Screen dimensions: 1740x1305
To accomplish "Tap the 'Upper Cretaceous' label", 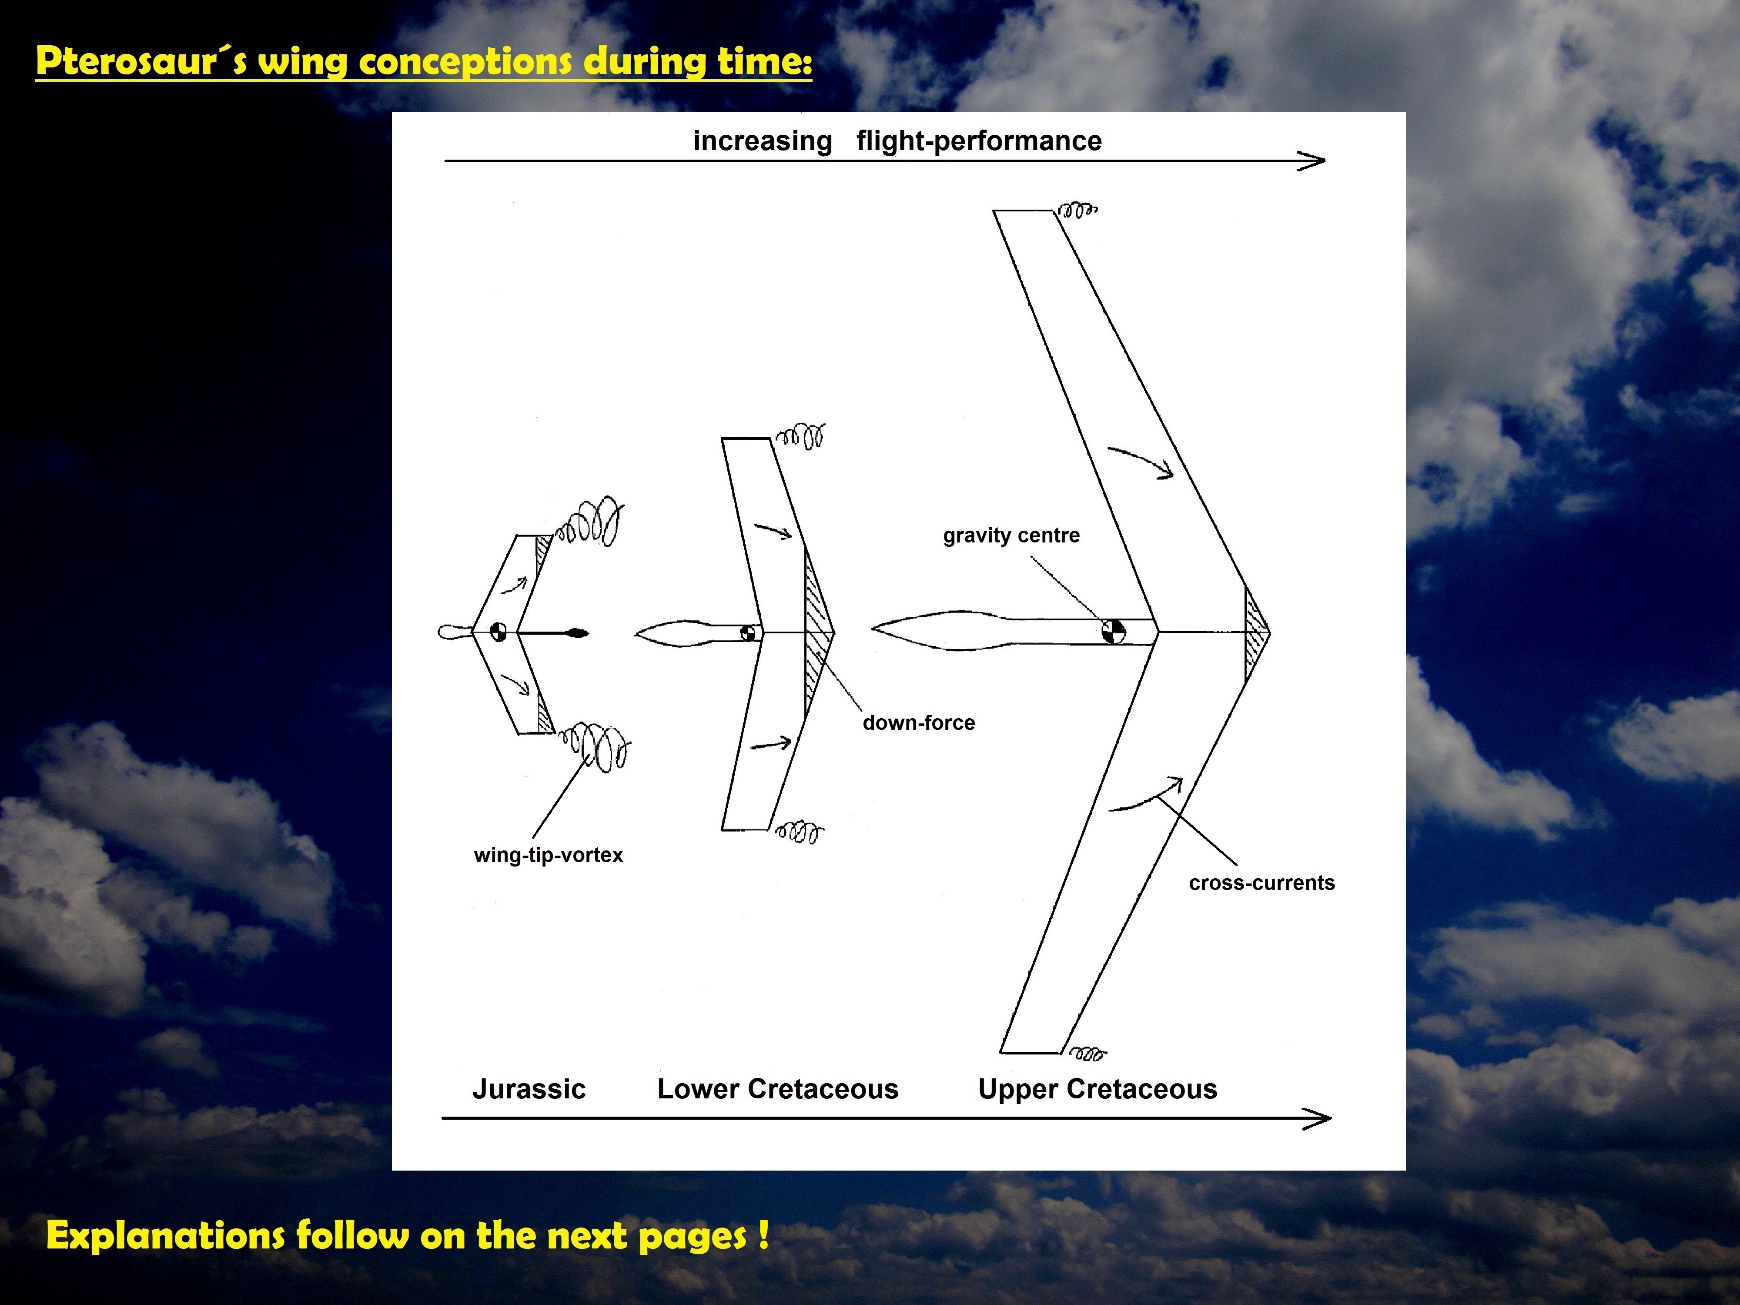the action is tap(1098, 1090).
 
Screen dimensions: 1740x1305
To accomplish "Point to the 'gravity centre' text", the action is tap(1011, 535).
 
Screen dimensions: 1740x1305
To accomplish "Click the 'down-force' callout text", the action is tap(919, 723).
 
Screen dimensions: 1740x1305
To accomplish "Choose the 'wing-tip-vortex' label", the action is tap(548, 855).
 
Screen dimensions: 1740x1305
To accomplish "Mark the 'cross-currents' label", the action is tap(1262, 883).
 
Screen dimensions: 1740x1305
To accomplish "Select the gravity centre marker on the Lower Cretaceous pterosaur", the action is tap(750, 632).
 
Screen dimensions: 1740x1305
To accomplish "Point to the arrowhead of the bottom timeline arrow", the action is tap(1318, 1118).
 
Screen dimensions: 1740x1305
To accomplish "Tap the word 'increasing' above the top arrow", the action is tap(762, 141).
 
